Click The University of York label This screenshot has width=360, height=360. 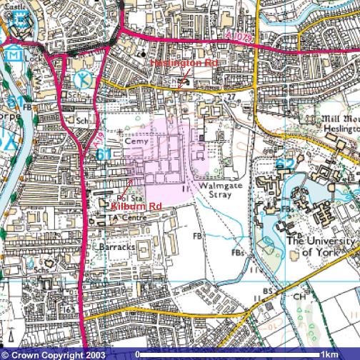tap(320, 246)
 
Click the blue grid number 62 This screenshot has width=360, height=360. tap(284, 164)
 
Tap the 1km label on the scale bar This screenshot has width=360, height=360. tap(329, 354)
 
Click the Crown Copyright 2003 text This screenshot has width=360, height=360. tap(54, 354)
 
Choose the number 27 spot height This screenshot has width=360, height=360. tap(231, 96)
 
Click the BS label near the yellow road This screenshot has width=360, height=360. tap(266, 291)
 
